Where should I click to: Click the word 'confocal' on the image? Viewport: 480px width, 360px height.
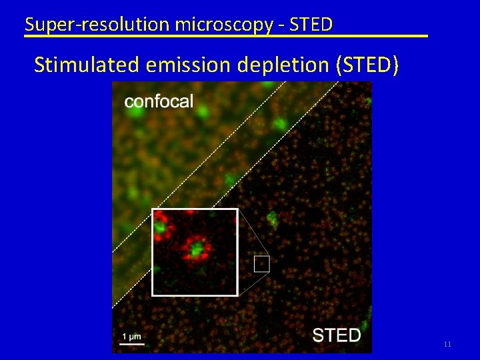pyautogui.click(x=159, y=101)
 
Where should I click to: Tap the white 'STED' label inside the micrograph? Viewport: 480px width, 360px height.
pyautogui.click(x=336, y=335)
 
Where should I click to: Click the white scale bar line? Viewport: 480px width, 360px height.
pyautogui.click(x=131, y=343)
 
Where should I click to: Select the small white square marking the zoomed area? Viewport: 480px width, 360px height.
pyautogui.click(x=261, y=264)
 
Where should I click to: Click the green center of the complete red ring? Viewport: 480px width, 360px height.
pyautogui.click(x=196, y=251)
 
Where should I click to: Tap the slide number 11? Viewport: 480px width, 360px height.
pyautogui.click(x=447, y=344)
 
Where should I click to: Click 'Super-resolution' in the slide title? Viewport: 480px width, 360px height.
pyautogui.click(x=79, y=25)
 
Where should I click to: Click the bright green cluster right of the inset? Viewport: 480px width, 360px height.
pyautogui.click(x=271, y=219)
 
